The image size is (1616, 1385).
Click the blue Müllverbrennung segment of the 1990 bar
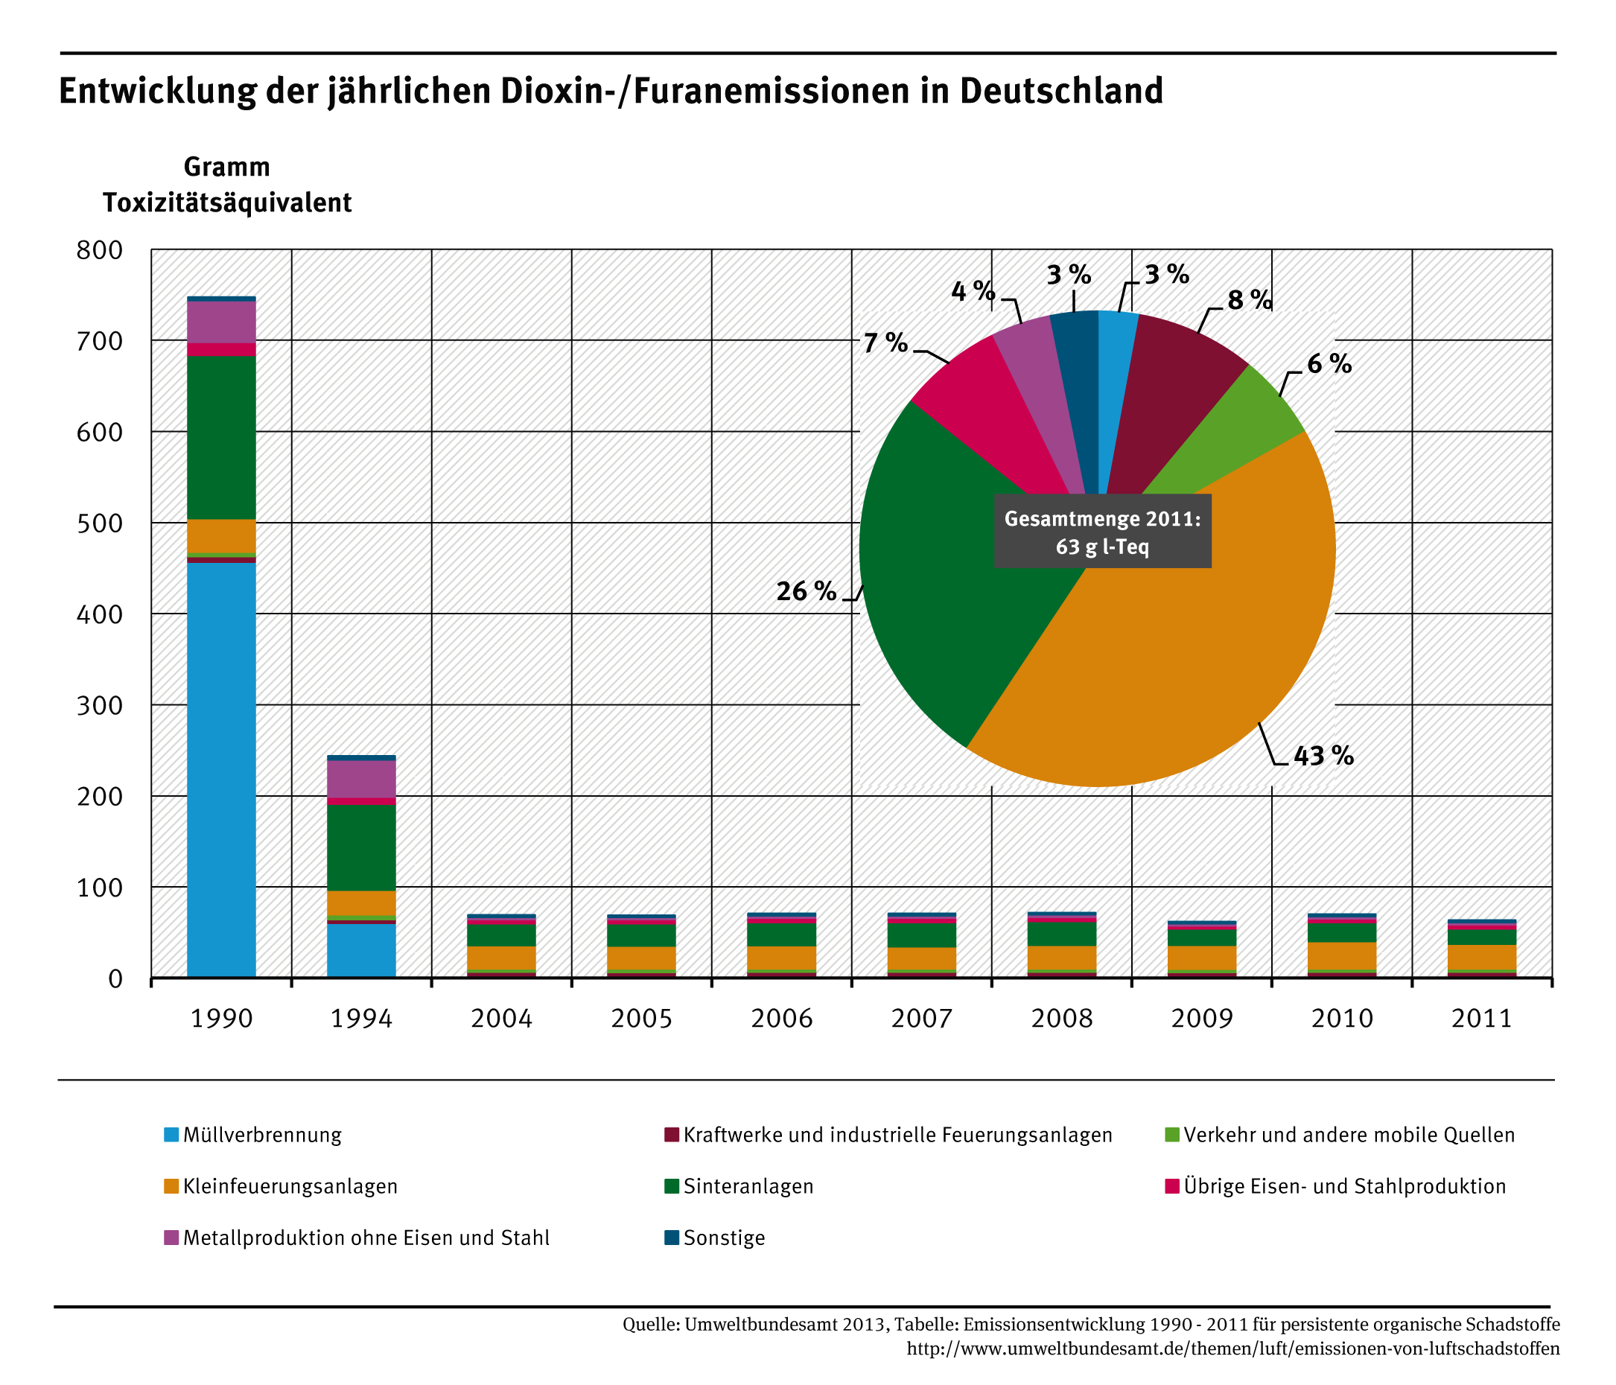pos(221,768)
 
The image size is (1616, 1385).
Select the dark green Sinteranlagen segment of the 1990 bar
pos(221,436)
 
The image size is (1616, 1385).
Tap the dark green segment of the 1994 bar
pos(361,847)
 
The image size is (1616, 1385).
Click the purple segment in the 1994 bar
pos(361,778)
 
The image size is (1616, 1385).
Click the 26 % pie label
pos(806,592)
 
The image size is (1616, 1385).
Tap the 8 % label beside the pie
pos(1250,300)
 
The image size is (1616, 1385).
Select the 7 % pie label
pos(885,343)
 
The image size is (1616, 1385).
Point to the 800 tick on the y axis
pos(100,250)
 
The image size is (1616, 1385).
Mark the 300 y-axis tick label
pos(100,706)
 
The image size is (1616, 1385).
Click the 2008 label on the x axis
pos(1061,1019)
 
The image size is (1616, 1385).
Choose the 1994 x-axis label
pos(361,1019)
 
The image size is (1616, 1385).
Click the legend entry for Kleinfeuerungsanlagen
pos(290,1186)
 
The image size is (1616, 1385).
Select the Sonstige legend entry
pos(724,1238)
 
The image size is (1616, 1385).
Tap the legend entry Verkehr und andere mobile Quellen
pos(1349,1135)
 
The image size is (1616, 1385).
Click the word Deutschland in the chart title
pos(1060,92)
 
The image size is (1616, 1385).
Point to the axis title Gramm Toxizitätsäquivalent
pos(227,185)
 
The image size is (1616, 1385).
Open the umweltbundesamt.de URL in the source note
pos(1233,1349)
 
